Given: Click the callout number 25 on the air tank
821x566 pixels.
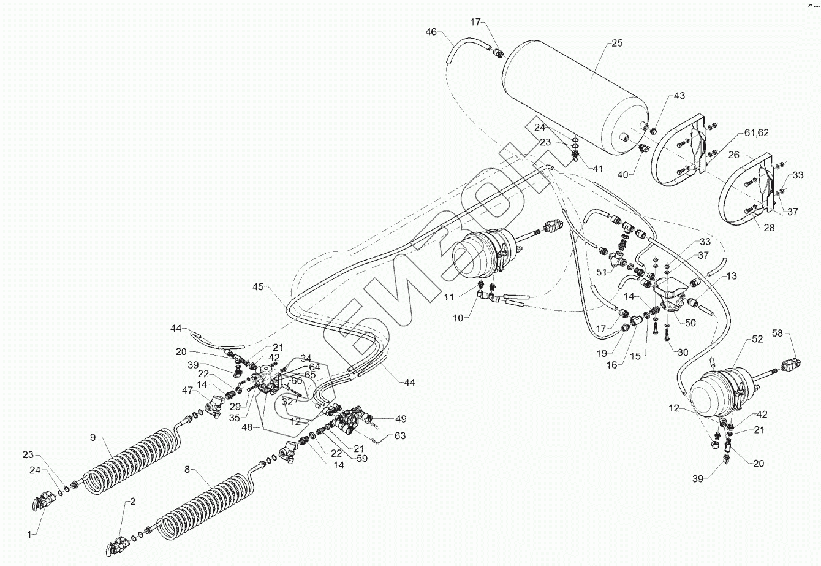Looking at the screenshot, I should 617,44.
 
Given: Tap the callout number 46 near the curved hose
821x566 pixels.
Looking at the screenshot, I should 431,33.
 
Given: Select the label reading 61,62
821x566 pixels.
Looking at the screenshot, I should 757,132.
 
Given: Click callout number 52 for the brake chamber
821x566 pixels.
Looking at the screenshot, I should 757,339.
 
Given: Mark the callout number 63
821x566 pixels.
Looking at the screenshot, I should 401,436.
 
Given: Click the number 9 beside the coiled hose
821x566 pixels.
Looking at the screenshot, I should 93,437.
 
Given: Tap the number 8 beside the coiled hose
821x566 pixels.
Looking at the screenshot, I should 187,470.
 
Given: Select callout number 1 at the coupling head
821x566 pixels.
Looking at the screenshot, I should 28,535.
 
